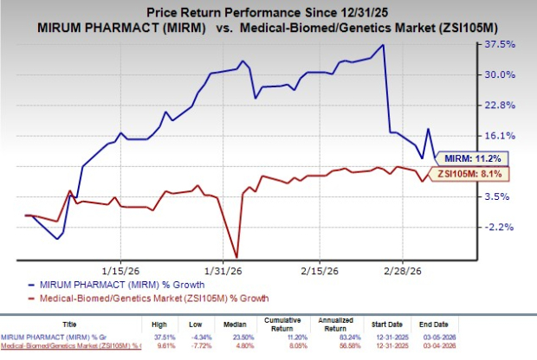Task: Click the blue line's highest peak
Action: click(x=384, y=45)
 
